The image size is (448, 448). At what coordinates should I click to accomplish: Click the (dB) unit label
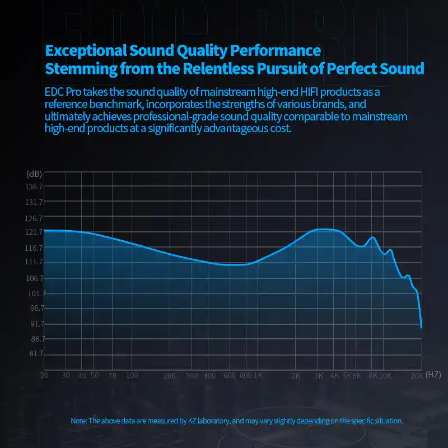click(34, 174)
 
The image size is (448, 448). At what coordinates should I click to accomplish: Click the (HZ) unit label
click(433, 375)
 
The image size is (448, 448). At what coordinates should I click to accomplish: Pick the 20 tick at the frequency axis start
click(44, 376)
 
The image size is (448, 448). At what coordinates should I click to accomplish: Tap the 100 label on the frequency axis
click(132, 376)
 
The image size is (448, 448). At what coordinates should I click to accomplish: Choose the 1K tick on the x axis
click(258, 376)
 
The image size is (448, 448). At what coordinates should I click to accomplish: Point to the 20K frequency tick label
click(416, 376)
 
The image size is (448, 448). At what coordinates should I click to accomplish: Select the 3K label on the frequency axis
click(319, 376)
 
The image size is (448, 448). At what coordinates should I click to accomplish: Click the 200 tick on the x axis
click(170, 376)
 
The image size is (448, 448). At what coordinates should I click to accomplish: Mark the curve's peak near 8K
click(371, 237)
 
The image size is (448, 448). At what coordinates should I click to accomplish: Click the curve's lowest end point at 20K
click(421, 328)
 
